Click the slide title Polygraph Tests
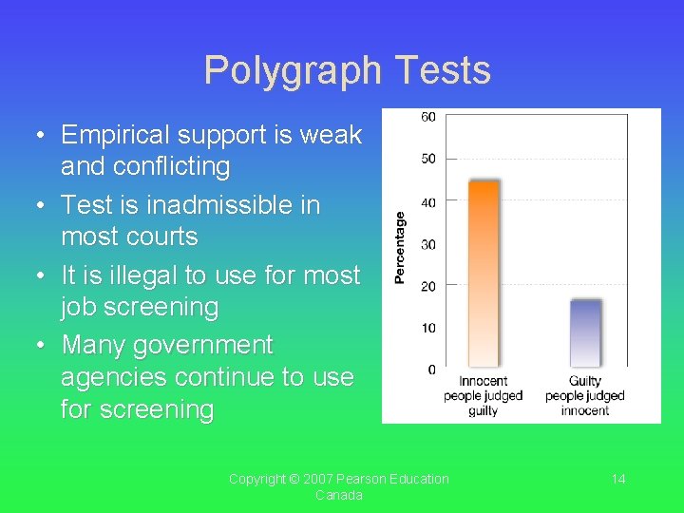point(347,71)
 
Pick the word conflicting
point(145,167)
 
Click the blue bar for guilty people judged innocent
point(585,332)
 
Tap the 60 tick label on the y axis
point(428,117)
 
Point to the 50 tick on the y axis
point(428,159)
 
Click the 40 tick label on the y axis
point(428,201)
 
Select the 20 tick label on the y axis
point(428,286)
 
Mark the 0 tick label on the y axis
point(431,370)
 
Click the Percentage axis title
point(400,247)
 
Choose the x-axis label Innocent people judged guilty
point(483,395)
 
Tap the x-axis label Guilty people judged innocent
point(585,395)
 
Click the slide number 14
point(618,479)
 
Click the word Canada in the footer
point(339,495)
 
